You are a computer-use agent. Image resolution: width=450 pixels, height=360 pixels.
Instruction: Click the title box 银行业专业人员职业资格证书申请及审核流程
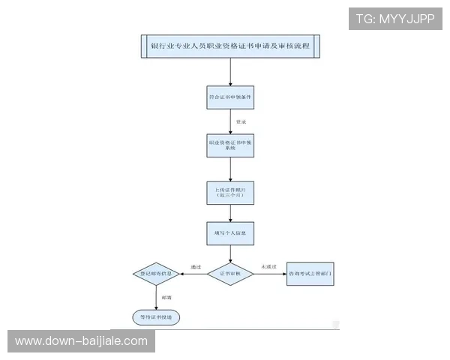click(x=230, y=46)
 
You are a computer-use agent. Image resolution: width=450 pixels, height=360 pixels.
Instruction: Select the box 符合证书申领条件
click(x=230, y=97)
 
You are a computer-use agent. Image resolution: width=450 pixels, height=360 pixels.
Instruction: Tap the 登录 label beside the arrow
click(x=241, y=121)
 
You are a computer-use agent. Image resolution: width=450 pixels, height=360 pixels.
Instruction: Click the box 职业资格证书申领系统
click(x=230, y=145)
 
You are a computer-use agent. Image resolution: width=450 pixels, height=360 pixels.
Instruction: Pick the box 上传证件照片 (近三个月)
click(x=230, y=193)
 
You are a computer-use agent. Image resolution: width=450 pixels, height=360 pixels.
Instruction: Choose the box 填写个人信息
click(x=230, y=233)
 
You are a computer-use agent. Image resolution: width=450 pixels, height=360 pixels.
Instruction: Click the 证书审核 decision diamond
click(x=230, y=274)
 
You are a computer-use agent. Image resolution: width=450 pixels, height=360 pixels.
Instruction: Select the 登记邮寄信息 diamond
click(x=157, y=274)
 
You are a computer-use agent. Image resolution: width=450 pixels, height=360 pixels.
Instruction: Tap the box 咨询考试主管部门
click(x=310, y=274)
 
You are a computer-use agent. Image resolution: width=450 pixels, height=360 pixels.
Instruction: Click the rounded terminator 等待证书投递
click(x=156, y=317)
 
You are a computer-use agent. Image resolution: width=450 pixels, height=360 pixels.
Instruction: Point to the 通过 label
click(x=196, y=266)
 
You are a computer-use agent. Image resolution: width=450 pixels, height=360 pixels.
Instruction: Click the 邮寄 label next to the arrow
click(x=166, y=298)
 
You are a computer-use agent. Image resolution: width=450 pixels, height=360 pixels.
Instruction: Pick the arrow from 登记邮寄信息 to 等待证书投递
click(x=157, y=297)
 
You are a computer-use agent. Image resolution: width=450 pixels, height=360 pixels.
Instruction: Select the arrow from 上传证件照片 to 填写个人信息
click(x=230, y=213)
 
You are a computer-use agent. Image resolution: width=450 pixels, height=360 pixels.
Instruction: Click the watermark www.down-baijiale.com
click(x=81, y=341)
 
